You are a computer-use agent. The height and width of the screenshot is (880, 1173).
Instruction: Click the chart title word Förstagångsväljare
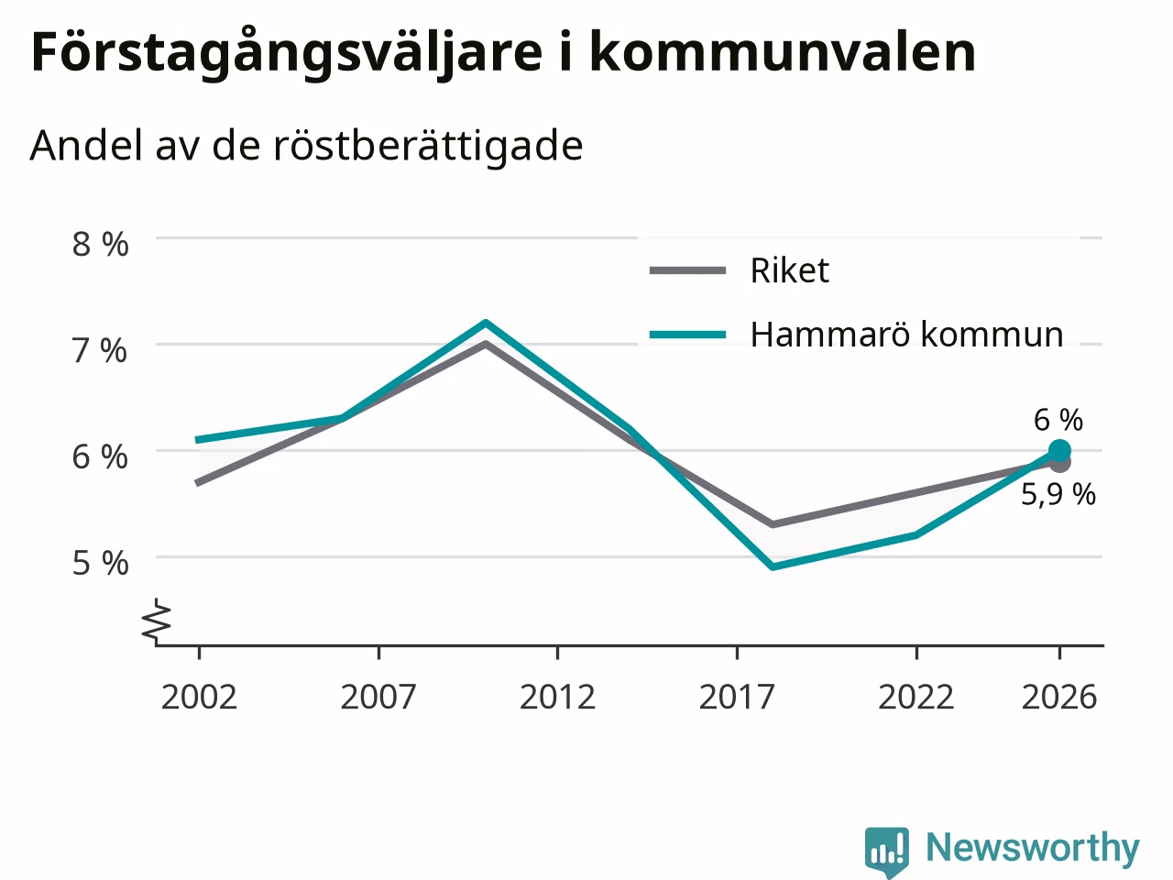point(287,54)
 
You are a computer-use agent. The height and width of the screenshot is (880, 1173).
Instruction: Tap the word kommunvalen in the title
point(783,52)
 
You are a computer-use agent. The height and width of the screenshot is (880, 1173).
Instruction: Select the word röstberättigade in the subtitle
point(428,146)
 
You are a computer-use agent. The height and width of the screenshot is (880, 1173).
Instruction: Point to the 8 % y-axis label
point(101,244)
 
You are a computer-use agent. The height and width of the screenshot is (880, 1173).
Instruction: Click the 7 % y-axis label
point(101,351)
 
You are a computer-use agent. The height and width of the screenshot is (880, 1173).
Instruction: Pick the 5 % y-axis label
point(101,563)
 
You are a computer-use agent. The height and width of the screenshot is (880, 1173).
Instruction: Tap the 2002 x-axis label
point(199,697)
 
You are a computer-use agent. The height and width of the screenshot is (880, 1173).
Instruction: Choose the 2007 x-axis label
point(378,697)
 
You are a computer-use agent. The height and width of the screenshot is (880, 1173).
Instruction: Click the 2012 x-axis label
point(557,697)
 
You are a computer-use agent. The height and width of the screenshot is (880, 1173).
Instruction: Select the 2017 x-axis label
point(737,697)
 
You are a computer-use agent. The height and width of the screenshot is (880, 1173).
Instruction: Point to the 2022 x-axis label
point(916,697)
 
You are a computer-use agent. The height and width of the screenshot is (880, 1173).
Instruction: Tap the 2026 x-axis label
point(1059,697)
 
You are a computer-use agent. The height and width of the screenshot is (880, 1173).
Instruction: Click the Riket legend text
point(790,270)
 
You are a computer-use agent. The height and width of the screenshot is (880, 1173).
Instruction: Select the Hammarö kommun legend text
point(907,335)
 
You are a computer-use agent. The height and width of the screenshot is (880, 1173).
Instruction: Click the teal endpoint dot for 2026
point(1059,451)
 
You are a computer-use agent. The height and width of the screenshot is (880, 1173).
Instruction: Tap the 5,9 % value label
point(1058,494)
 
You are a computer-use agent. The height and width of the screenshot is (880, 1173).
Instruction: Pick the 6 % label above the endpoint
point(1058,420)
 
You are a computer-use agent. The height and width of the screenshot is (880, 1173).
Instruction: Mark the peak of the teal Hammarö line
point(485,322)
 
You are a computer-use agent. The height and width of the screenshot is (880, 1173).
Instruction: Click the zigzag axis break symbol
point(157,620)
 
